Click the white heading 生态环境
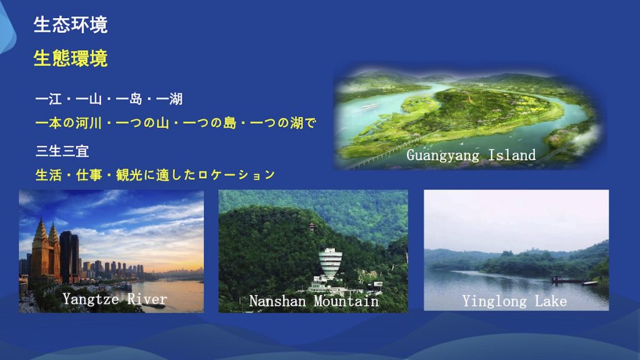[71, 25]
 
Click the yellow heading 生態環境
[71, 58]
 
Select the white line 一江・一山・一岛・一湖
[109, 99]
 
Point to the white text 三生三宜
[62, 151]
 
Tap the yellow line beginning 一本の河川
[176, 123]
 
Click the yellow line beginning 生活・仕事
[155, 175]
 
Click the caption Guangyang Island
[471, 156]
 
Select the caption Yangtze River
[115, 299]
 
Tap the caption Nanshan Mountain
[314, 301]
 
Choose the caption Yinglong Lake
[515, 302]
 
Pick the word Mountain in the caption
[346, 301]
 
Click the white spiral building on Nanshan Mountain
[330, 264]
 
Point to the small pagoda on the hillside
[312, 227]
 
